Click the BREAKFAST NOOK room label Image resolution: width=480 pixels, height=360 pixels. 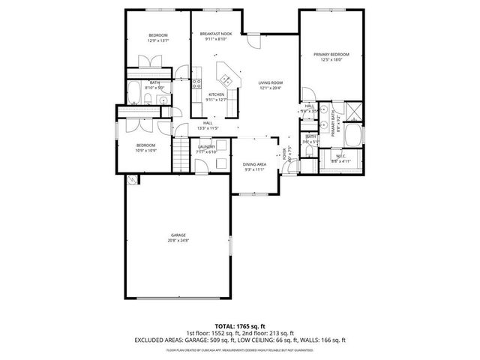(x=216, y=34)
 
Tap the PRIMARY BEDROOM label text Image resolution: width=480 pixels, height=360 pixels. (x=330, y=55)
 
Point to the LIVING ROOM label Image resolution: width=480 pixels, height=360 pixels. (x=270, y=82)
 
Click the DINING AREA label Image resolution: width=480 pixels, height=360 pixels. (x=254, y=164)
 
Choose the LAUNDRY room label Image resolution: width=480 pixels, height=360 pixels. (x=206, y=147)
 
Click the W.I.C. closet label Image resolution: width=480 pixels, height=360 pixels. (x=342, y=157)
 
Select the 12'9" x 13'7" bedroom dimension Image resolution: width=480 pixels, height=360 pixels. (x=157, y=40)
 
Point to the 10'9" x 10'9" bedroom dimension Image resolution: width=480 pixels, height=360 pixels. (x=145, y=150)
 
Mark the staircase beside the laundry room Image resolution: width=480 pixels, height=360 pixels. (x=180, y=157)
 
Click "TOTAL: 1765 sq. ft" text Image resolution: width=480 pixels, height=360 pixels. (x=239, y=326)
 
